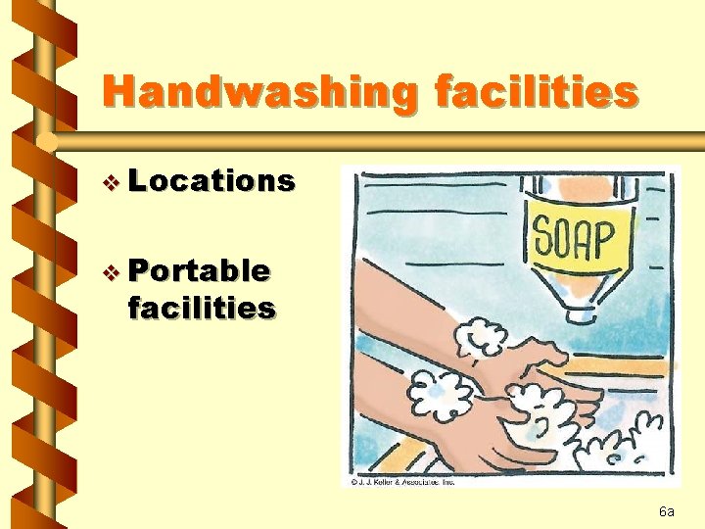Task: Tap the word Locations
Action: [x=211, y=180]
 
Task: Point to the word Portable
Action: [x=199, y=269]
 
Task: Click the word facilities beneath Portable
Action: [x=201, y=308]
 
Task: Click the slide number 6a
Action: [x=667, y=511]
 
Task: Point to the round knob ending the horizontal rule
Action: [x=47, y=142]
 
